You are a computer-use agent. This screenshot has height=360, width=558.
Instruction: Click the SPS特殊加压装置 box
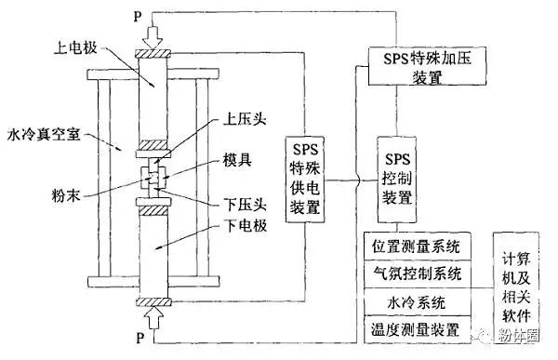point(416,68)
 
